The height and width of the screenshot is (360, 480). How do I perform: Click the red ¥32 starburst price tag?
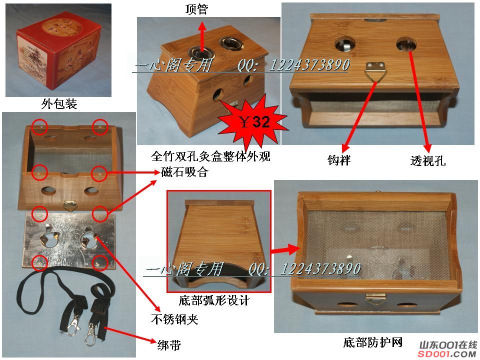[x=253, y=121]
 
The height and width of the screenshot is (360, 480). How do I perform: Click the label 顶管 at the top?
[x=196, y=9]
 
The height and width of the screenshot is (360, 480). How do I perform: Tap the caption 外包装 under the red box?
[x=59, y=104]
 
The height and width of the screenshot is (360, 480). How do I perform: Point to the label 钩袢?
[x=339, y=160]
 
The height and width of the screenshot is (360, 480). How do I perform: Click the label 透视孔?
[x=427, y=160]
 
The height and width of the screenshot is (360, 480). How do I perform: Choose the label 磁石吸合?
[x=184, y=172]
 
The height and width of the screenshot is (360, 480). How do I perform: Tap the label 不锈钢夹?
[x=174, y=319]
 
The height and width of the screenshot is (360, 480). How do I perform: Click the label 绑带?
[x=169, y=345]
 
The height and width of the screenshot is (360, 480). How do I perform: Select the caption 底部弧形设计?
[x=214, y=300]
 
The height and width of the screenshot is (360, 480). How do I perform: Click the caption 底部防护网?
[x=372, y=342]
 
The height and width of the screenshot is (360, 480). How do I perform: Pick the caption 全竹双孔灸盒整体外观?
[x=210, y=156]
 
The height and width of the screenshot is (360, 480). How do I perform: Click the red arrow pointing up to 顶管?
[x=202, y=36]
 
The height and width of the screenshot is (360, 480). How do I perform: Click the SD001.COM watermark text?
[x=447, y=354]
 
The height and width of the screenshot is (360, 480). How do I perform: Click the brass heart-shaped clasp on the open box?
[x=70, y=205]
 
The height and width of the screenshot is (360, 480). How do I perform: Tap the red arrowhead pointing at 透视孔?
[x=427, y=148]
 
